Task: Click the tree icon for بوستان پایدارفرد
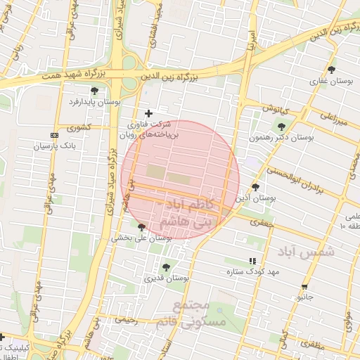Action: pos(95,90)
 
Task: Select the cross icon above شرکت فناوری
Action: pos(148,113)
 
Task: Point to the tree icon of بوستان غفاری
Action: pos(331,69)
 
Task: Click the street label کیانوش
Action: pos(276,108)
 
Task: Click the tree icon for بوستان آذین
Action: pos(255,187)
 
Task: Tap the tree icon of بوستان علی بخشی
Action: pos(142,226)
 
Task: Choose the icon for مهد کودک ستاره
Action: pos(252,261)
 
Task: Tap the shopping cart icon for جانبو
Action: pos(304,286)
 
